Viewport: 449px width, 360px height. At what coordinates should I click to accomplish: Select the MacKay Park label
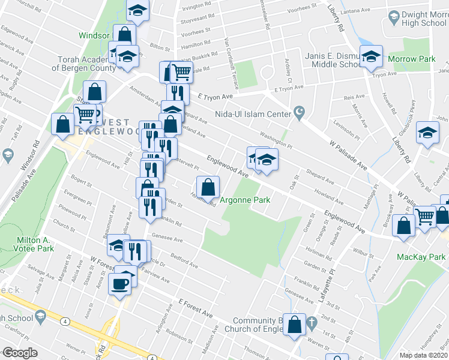coord(421,257)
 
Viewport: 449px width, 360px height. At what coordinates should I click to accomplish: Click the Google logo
coord(20,353)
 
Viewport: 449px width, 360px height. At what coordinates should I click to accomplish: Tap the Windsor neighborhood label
coord(94,35)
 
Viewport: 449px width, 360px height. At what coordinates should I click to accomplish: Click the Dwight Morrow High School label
coord(415,19)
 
